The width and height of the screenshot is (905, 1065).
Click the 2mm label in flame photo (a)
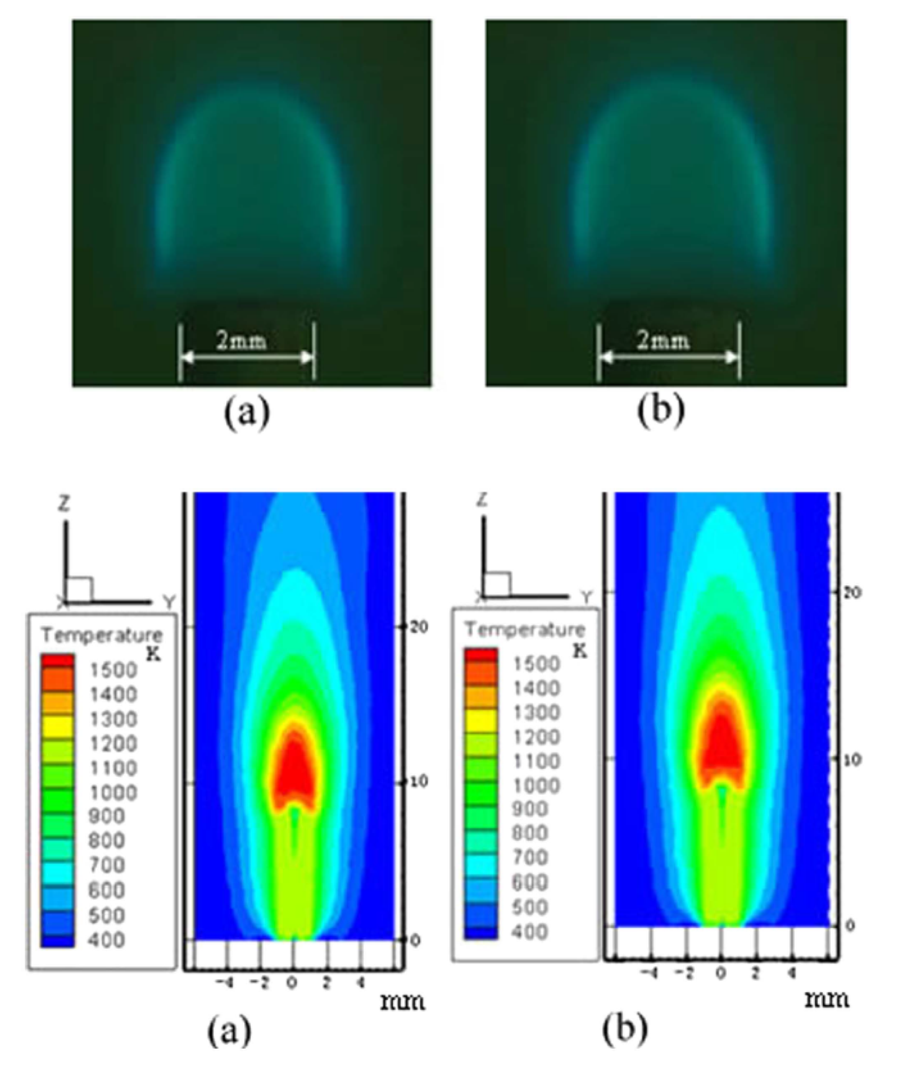[242, 341]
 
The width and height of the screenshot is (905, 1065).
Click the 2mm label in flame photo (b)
[663, 341]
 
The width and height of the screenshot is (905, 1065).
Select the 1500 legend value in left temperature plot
[114, 670]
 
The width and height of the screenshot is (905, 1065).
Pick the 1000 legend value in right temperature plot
[536, 785]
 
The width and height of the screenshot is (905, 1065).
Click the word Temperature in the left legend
[102, 636]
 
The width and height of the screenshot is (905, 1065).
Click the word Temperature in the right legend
[524, 629]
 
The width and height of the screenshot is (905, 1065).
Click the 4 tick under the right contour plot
[792, 971]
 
